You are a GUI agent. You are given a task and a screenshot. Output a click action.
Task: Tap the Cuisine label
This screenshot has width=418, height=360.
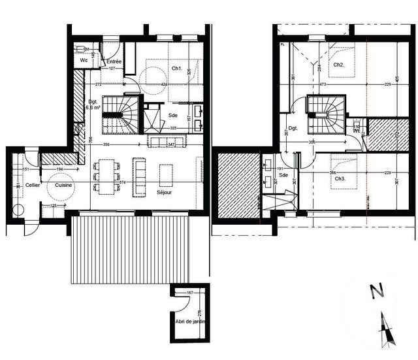coord(63,186)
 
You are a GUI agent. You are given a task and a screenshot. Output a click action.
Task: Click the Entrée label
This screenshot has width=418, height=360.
coord(114,61)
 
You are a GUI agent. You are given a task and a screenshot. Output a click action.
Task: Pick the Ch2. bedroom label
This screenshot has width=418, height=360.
coord(338,65)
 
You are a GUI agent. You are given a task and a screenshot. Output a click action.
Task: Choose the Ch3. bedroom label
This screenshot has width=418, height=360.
coord(338,178)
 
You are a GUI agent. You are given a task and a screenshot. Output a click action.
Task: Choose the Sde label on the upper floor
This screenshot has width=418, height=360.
coord(283,176)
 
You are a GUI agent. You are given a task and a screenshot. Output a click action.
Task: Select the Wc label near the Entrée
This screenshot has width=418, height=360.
coord(84,60)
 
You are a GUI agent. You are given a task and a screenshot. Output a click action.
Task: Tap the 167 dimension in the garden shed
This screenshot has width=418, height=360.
coord(190,292)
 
